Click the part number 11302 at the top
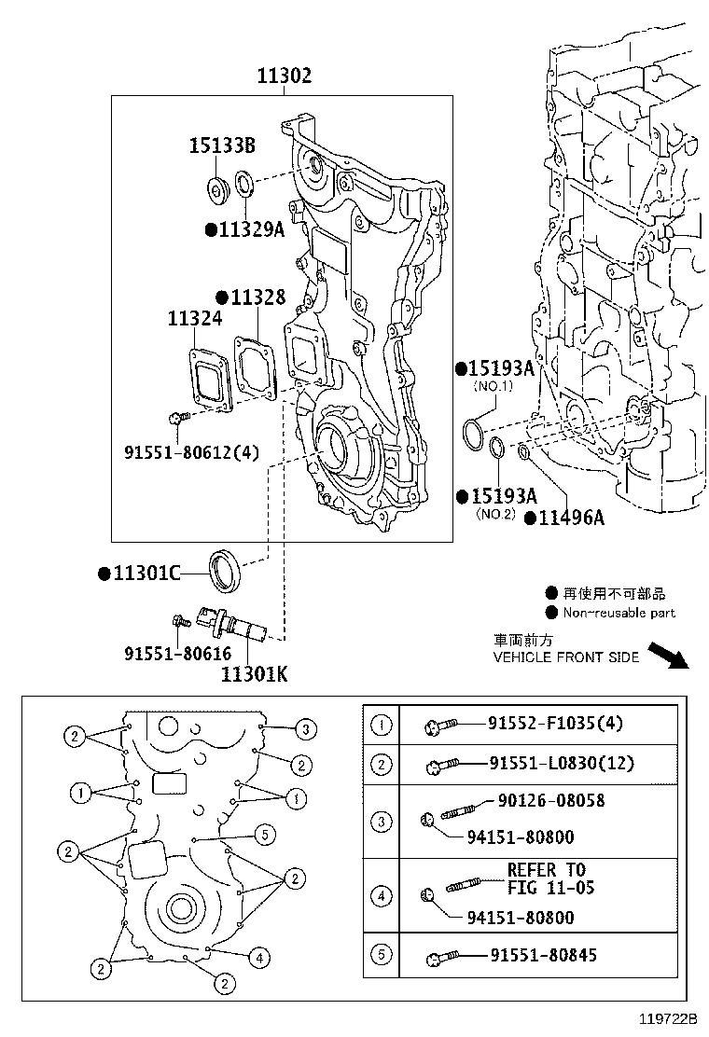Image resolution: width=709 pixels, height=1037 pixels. click(284, 76)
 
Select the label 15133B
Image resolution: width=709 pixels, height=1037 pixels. click(222, 145)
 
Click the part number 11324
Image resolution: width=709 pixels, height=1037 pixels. click(194, 319)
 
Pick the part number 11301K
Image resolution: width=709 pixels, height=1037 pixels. click(254, 674)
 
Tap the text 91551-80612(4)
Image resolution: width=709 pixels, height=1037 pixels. click(192, 453)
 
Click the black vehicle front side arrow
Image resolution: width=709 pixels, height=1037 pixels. click(668, 656)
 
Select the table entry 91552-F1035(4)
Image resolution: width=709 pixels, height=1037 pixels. click(556, 723)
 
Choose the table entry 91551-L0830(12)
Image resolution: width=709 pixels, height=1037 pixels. click(562, 763)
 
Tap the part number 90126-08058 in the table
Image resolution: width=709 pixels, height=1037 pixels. click(551, 801)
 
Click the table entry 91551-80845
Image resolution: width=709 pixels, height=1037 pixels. click(544, 955)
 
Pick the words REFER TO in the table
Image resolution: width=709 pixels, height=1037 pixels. click(547, 870)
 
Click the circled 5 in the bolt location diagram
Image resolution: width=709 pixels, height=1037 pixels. click(265, 835)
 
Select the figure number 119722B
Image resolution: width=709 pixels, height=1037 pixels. click(668, 1018)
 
